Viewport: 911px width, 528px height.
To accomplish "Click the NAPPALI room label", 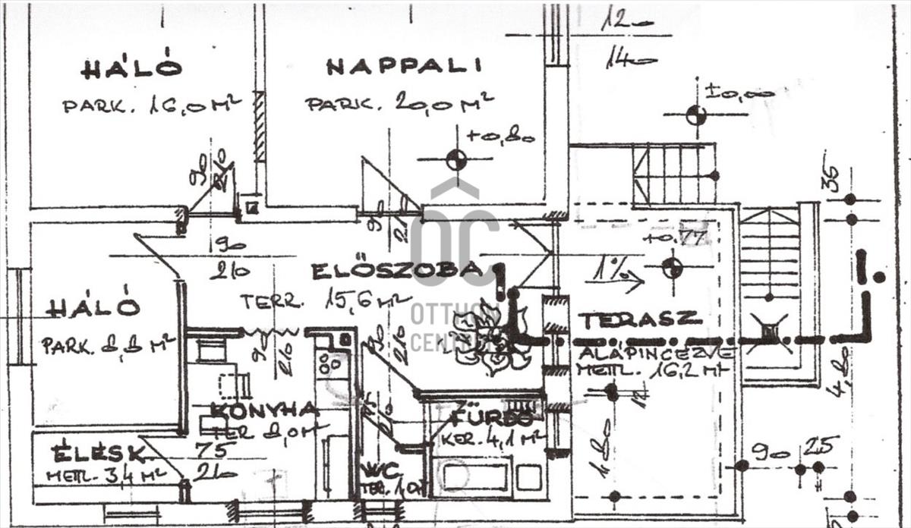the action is coord(404,66).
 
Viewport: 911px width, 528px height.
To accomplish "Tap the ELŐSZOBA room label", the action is coord(396,270).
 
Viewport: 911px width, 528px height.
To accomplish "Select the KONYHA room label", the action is coord(264,410).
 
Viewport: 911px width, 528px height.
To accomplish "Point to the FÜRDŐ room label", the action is coord(492,418).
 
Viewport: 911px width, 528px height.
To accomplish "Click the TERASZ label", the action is coord(639,319).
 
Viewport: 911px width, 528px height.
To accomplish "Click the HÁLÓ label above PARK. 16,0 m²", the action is coord(131,68).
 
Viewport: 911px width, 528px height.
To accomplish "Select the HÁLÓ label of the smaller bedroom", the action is coord(93,307).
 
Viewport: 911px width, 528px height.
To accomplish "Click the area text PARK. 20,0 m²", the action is coord(399,102).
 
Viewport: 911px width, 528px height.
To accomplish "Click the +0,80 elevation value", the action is coord(500,137).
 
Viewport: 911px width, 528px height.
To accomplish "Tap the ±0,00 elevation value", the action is coord(739,93).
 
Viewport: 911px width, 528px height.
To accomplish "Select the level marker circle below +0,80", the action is coord(455,160).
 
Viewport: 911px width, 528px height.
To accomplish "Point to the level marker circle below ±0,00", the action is coord(695,115).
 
